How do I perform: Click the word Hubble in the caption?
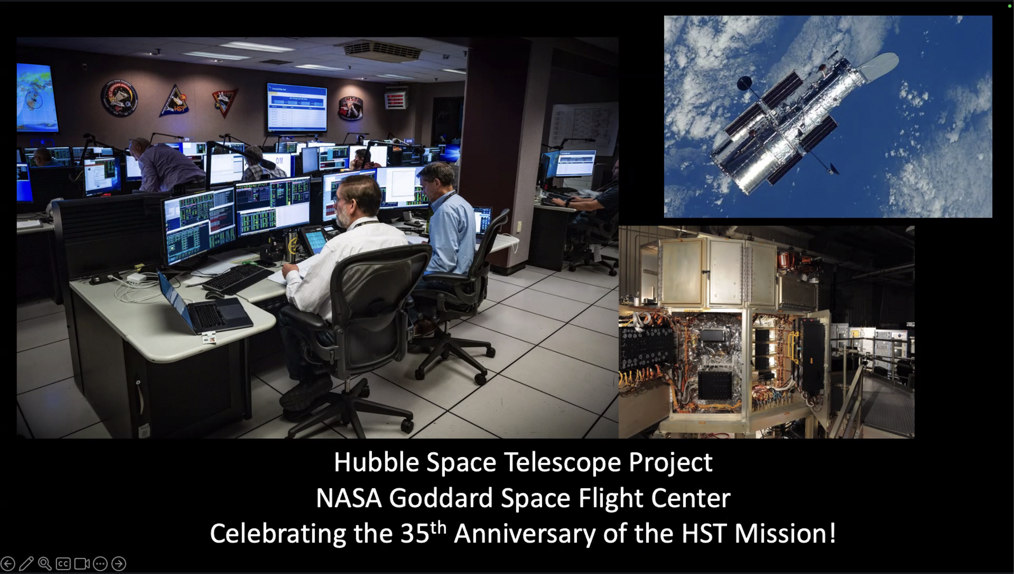376,462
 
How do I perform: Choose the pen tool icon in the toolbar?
26,563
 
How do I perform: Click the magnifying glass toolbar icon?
45,563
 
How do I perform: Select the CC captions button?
63,563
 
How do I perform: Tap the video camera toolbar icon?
82,563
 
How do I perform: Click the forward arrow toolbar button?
119,563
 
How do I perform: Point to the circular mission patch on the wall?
119,98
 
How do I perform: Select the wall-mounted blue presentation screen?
297,107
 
